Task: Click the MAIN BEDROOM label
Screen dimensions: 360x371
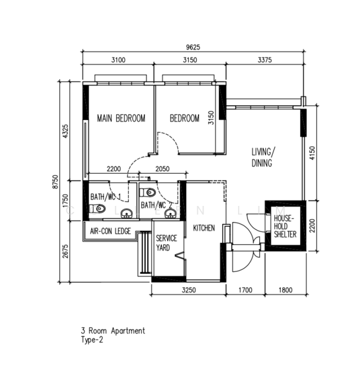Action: point(121,118)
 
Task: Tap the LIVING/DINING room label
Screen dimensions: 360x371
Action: point(263,157)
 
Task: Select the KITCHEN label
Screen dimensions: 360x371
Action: point(204,228)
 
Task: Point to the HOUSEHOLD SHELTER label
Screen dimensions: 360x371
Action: point(285,226)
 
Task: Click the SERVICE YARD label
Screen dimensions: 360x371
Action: point(166,243)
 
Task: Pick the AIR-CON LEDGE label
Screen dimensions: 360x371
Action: point(110,231)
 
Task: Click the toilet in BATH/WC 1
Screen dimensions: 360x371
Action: point(98,208)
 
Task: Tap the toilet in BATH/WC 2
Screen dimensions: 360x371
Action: point(147,192)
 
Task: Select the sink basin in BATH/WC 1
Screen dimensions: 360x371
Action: point(127,214)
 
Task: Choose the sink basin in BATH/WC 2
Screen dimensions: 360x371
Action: point(170,214)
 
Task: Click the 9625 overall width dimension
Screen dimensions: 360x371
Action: point(193,48)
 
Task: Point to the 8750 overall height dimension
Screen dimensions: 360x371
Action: point(55,182)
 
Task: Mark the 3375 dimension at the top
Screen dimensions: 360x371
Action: point(265,60)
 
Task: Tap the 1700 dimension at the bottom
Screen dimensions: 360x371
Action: point(245,290)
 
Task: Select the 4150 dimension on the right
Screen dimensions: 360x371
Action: point(312,153)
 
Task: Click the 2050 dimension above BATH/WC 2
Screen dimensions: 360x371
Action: point(162,169)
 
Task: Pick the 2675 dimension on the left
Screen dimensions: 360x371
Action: point(66,251)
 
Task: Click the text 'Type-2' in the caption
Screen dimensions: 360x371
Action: point(92,340)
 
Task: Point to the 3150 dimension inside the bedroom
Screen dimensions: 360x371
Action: point(211,117)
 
